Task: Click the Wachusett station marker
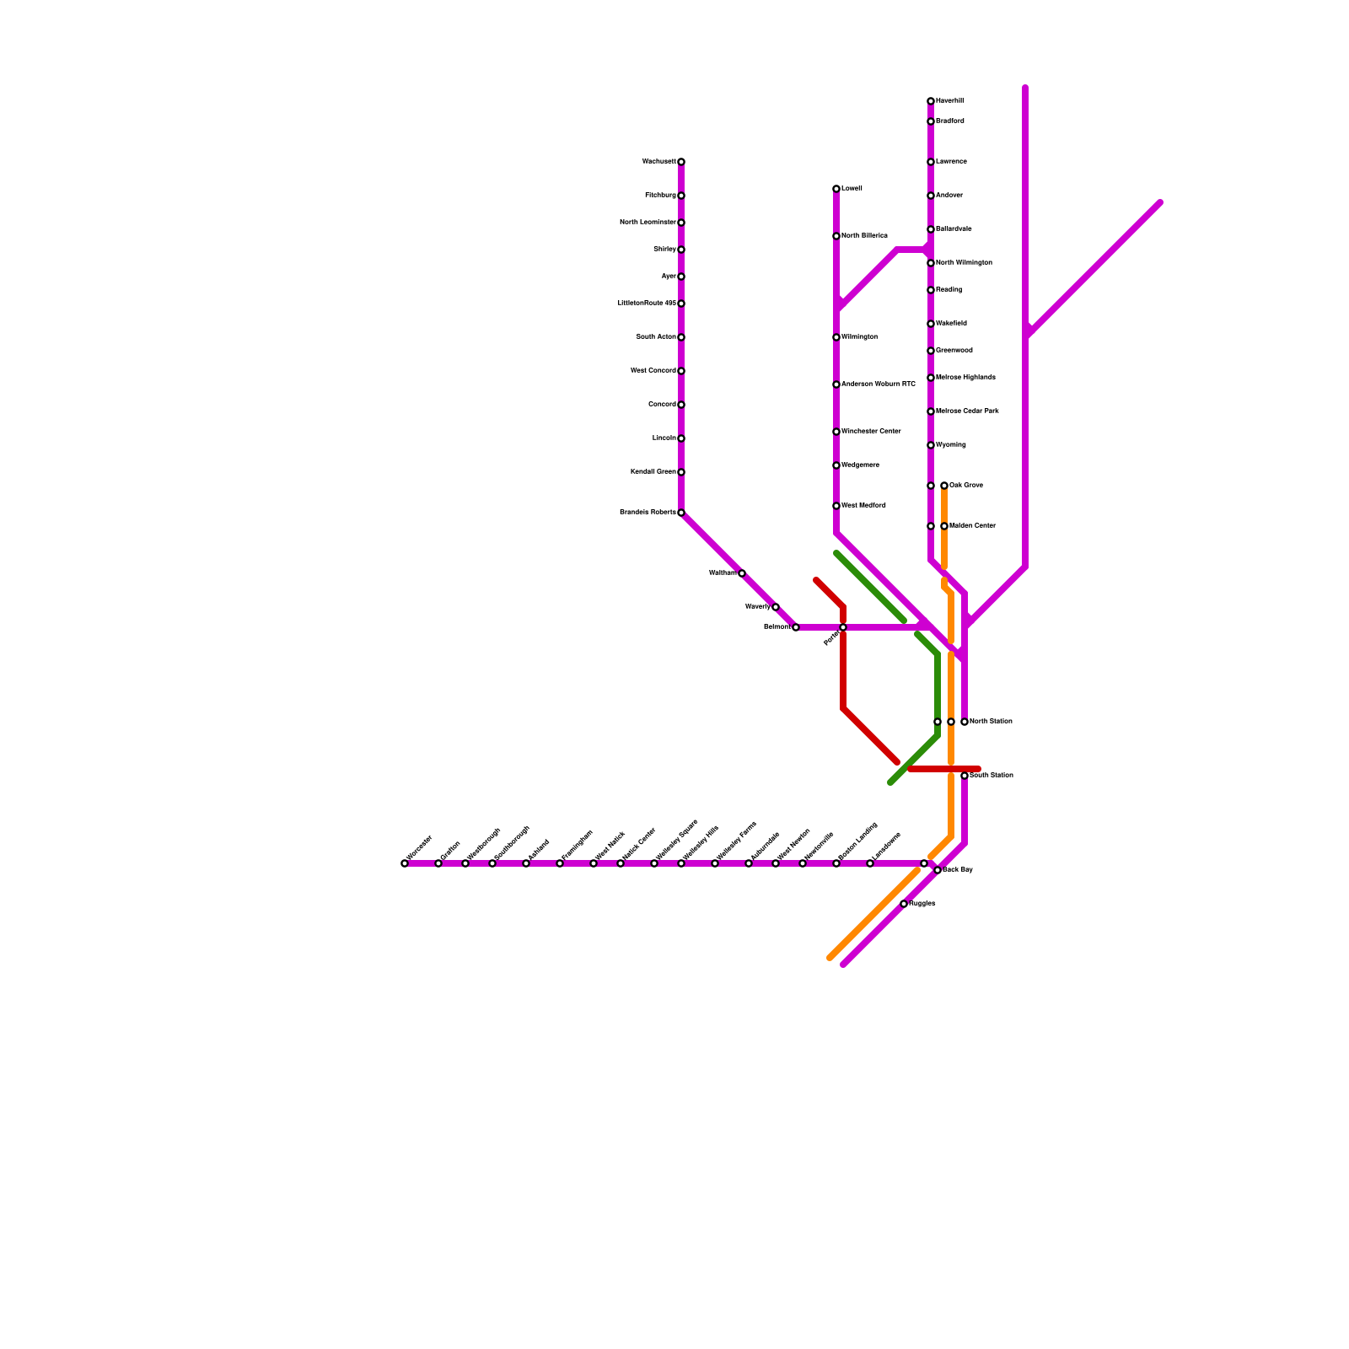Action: pyautogui.click(x=681, y=162)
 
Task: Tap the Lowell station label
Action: pyautogui.click(x=852, y=189)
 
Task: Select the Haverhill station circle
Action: pyautogui.click(x=931, y=101)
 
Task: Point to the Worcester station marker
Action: pyautogui.click(x=405, y=863)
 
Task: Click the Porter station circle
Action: pyautogui.click(x=843, y=627)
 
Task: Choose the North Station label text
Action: pyautogui.click(x=991, y=722)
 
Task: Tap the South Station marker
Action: pyautogui.click(x=965, y=776)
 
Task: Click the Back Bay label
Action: pyautogui.click(x=958, y=869)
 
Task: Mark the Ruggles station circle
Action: pyautogui.click(x=904, y=904)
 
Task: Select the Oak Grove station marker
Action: pyautogui.click(x=944, y=486)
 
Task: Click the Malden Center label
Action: pyautogui.click(x=972, y=526)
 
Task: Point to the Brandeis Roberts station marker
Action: pyautogui.click(x=681, y=513)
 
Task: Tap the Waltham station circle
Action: pyautogui.click(x=742, y=573)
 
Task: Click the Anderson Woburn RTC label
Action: pyautogui.click(x=878, y=384)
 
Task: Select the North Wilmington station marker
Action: pyautogui.click(x=931, y=263)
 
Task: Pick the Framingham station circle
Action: pyautogui.click(x=560, y=863)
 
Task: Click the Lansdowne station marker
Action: pyautogui.click(x=870, y=863)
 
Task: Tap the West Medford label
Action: pyautogui.click(x=863, y=506)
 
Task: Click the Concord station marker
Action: pyautogui.click(x=681, y=405)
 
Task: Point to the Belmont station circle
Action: pyautogui.click(x=796, y=627)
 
